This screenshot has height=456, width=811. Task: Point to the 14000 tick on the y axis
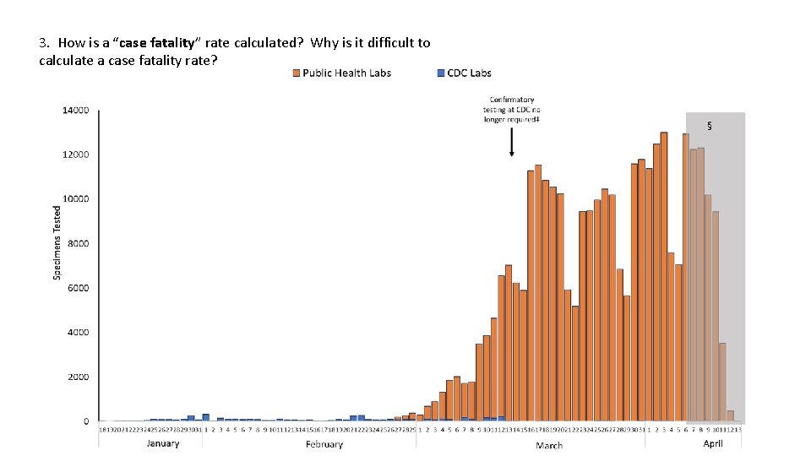[75, 111]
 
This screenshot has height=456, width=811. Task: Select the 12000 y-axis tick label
[75, 155]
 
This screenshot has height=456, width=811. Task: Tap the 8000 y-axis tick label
[78, 244]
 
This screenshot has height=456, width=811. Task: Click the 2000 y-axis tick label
[78, 377]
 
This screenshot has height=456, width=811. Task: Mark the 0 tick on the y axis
[85, 421]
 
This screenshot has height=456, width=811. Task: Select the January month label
[163, 443]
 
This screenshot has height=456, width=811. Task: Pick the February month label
[324, 444]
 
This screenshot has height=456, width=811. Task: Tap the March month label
[549, 445]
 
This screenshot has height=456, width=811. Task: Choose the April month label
[713, 443]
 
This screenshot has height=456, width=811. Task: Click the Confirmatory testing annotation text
[512, 110]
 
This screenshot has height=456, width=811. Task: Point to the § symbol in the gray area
[709, 127]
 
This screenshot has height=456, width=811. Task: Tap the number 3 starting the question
[43, 43]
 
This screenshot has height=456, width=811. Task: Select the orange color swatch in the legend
[297, 73]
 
